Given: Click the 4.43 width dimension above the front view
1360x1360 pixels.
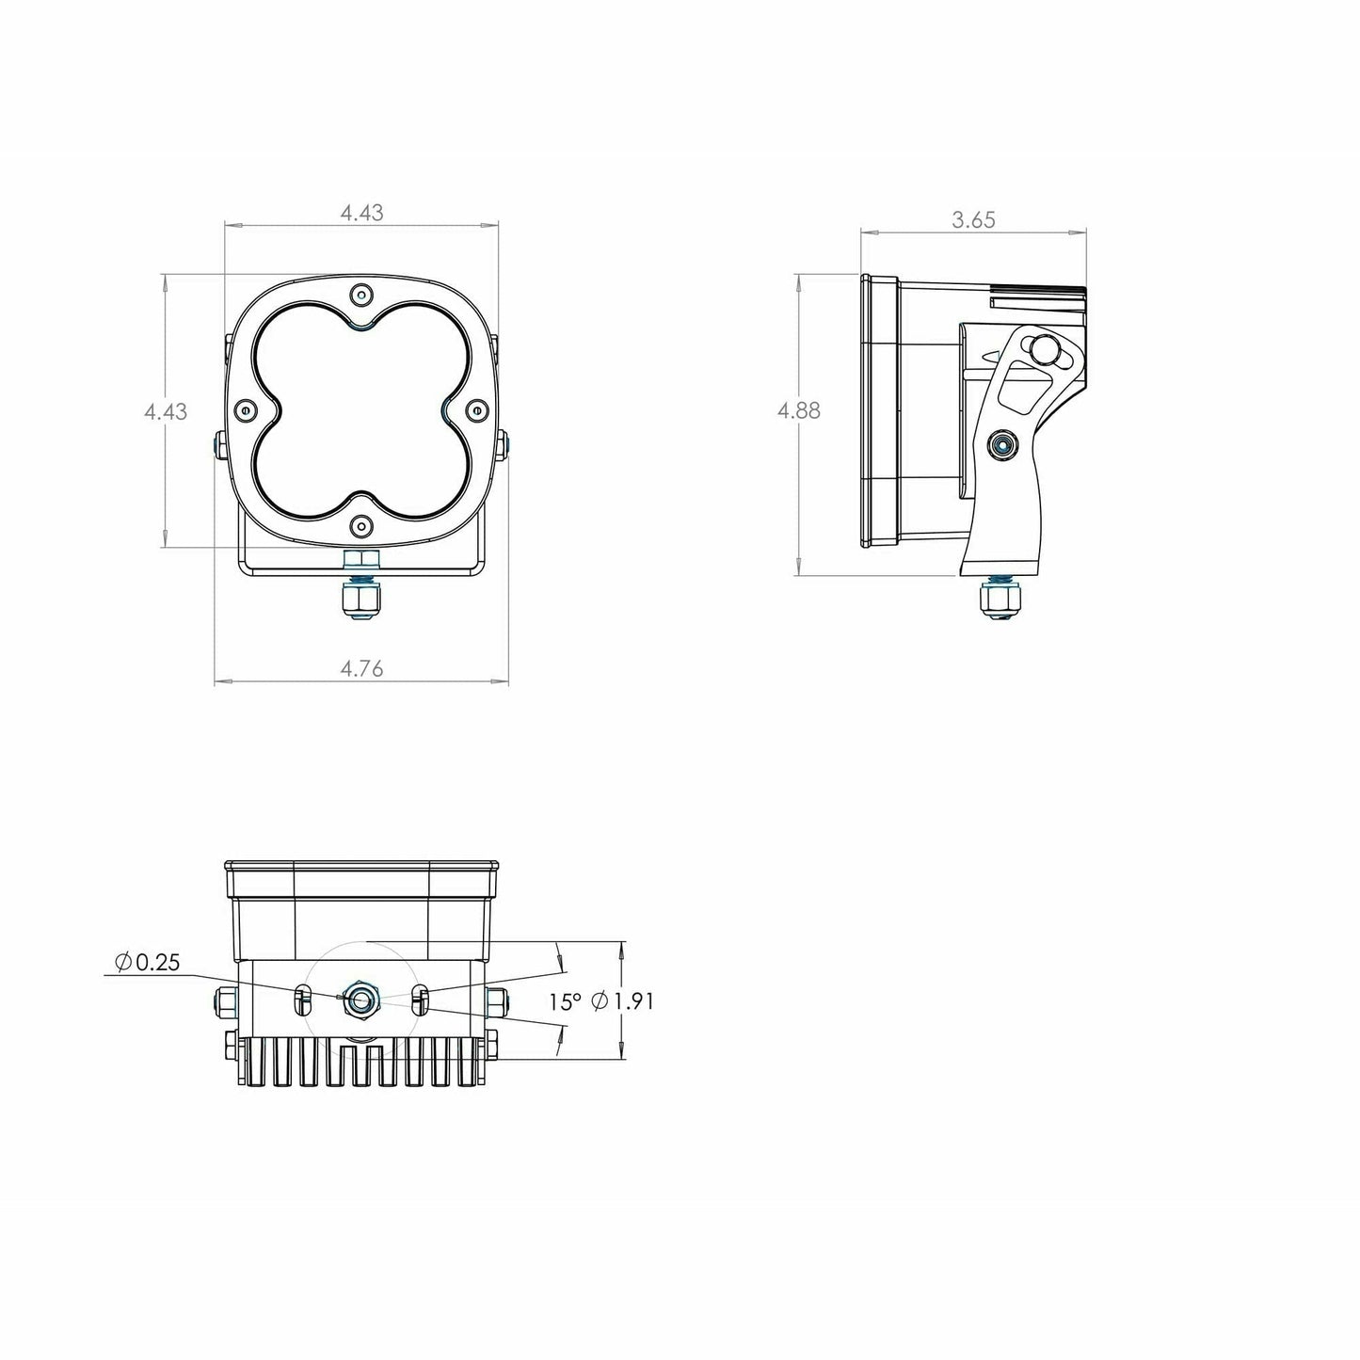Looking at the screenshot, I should click(361, 214).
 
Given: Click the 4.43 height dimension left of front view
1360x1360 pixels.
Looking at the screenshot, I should click(166, 411).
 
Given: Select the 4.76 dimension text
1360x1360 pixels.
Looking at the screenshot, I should click(361, 669).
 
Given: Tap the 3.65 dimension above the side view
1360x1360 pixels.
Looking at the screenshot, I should click(973, 220).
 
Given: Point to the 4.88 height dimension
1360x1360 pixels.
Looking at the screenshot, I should click(798, 411).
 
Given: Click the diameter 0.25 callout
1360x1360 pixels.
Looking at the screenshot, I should click(146, 962).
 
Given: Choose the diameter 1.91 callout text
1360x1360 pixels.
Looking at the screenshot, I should click(622, 1002).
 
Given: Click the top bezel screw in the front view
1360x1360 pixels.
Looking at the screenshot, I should click(361, 296).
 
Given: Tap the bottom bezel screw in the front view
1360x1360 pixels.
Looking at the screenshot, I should click(361, 524).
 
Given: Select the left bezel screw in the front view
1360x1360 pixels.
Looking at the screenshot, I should click(247, 410).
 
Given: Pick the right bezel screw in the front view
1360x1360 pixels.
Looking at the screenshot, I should click(476, 409).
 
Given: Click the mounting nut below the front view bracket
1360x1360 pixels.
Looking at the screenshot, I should click(361, 600).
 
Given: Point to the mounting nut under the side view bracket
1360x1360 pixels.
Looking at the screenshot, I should click(1000, 600).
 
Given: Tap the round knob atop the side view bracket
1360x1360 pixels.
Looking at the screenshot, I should click(1044, 349).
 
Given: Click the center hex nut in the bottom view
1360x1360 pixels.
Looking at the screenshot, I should click(361, 999).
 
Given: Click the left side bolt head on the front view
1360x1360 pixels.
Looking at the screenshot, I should click(219, 446).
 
